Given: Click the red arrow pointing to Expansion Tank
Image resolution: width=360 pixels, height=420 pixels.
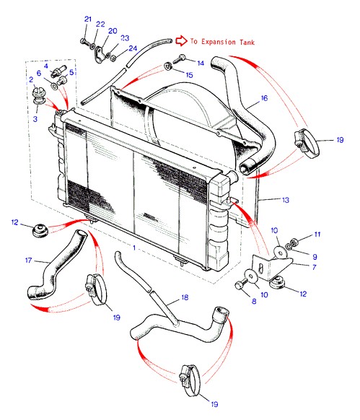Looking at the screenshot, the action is [x=181, y=40].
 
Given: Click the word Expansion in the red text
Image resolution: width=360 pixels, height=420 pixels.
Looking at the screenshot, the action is [x=219, y=42].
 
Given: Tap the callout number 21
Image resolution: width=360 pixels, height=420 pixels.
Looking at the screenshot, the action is [x=88, y=19].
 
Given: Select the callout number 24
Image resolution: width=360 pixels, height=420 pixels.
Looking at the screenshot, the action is [x=133, y=48].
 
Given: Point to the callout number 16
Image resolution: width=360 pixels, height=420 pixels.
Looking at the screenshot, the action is [x=264, y=98].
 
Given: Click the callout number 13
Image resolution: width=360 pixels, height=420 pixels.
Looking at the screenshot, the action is [x=286, y=200].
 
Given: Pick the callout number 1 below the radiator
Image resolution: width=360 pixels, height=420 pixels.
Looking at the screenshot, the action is [x=134, y=248].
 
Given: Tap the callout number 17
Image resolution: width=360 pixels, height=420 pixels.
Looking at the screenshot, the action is [x=28, y=260].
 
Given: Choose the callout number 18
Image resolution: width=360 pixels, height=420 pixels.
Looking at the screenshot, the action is [x=185, y=297].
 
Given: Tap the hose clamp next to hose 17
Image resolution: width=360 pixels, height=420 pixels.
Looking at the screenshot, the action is [x=97, y=289].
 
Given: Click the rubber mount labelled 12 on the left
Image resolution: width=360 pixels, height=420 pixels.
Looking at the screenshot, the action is [x=40, y=231].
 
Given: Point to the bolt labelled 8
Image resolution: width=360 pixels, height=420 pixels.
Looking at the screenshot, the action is [x=241, y=285].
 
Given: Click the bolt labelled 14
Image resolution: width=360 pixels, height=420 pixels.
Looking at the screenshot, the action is [x=179, y=59].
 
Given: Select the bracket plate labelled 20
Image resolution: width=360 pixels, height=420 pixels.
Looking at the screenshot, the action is [x=100, y=55].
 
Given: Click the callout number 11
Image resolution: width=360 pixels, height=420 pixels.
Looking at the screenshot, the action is [x=317, y=235].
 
